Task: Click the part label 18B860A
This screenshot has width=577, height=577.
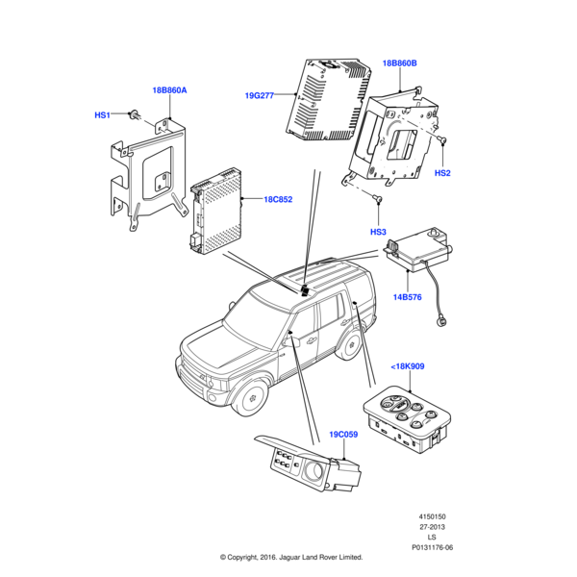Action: point(169,89)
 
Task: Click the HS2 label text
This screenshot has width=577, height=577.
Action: point(442,173)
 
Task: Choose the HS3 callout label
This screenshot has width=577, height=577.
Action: point(378,233)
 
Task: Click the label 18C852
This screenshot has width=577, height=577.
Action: point(279,200)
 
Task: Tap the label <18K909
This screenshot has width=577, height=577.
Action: point(409,366)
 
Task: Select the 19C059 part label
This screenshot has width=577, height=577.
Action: point(343,434)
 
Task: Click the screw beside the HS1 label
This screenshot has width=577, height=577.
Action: point(132,114)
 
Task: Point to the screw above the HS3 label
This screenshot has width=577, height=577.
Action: point(377,200)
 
